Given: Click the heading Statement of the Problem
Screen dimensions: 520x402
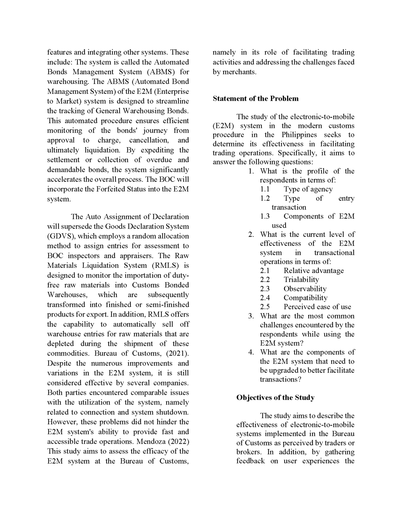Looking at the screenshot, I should pyautogui.click(x=256, y=99).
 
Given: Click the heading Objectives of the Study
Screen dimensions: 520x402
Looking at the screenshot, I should pyautogui.click(x=275, y=398).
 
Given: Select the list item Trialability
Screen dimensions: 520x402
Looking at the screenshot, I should pyautogui.click(x=301, y=279).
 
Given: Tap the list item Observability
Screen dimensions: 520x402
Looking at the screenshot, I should pyautogui.click(x=305, y=289).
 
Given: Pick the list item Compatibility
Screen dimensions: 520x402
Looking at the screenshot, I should pyautogui.click(x=305, y=298).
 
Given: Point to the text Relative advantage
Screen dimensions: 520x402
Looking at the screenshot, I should pyautogui.click(x=313, y=270).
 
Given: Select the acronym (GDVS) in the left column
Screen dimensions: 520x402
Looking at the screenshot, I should pyautogui.click(x=60, y=236).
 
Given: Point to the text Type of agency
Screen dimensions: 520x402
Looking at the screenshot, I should pyautogui.click(x=308, y=189).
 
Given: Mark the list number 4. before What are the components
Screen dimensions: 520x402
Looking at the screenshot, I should pyautogui.click(x=251, y=352).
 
